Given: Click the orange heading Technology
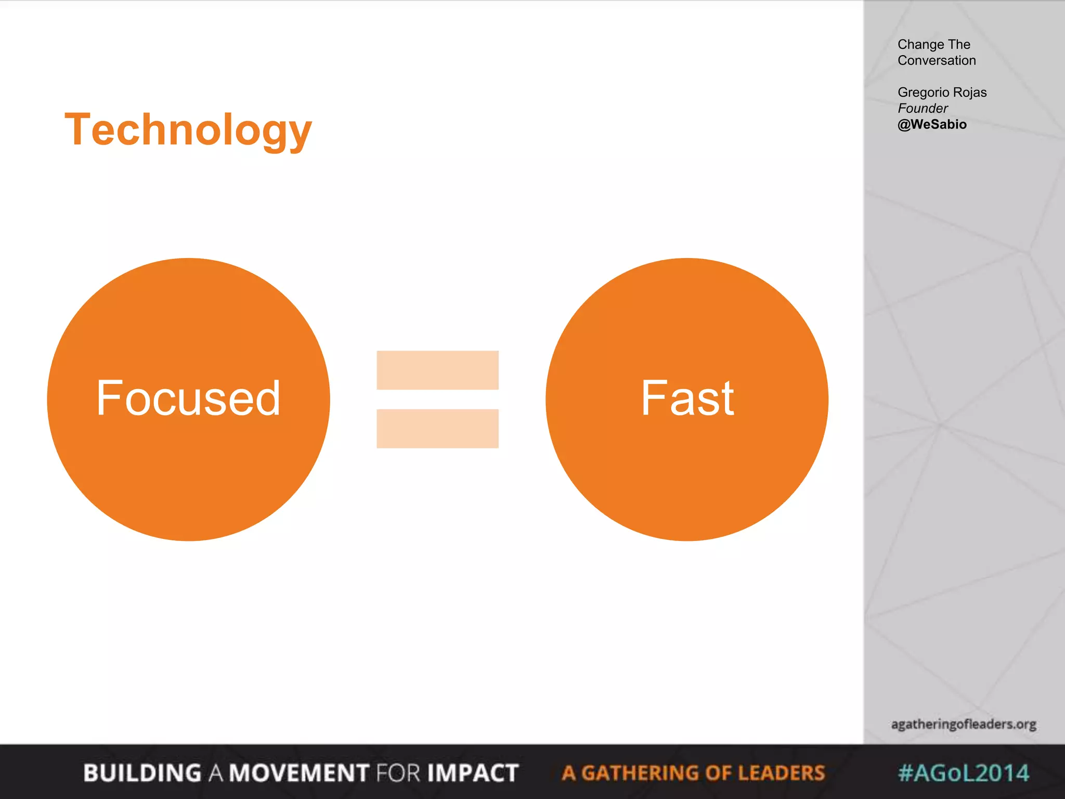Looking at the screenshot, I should (188, 130).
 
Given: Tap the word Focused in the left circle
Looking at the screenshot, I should (188, 398).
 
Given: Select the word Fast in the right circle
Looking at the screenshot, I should (687, 398).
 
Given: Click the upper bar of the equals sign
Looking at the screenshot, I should (437, 370).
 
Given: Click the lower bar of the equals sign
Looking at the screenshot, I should (437, 429).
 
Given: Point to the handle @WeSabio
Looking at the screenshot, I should (932, 124).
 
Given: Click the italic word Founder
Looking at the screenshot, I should (923, 108).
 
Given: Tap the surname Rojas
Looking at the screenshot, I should (970, 92).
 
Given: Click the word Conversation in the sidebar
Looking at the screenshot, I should (937, 60).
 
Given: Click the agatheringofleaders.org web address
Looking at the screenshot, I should (964, 724).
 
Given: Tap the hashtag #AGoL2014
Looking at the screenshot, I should (964, 773).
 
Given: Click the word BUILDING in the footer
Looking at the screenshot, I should (142, 773).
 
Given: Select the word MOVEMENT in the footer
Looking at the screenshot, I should (300, 773).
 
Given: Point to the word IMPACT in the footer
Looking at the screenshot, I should (473, 773).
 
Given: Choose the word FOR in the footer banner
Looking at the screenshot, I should (398, 773).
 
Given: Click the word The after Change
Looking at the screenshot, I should (959, 45).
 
